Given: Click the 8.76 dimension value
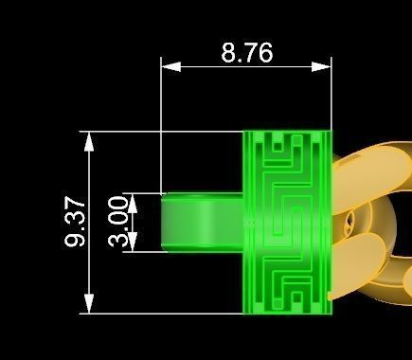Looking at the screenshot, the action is tap(246, 52).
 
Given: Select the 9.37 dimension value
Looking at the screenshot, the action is tap(75, 222).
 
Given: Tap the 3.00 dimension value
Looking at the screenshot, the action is tap(118, 222).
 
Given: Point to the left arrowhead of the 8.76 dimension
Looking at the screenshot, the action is tap(170, 67).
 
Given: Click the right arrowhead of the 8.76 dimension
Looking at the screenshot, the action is tap(321, 67).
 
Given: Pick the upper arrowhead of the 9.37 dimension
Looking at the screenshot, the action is tap(90, 141).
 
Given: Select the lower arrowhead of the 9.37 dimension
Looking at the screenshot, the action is tap(90, 303).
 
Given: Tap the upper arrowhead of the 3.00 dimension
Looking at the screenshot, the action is tap(133, 203).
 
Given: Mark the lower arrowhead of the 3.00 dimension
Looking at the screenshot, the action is tap(133, 242).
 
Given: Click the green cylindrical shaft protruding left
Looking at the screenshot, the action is tap(203, 223).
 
